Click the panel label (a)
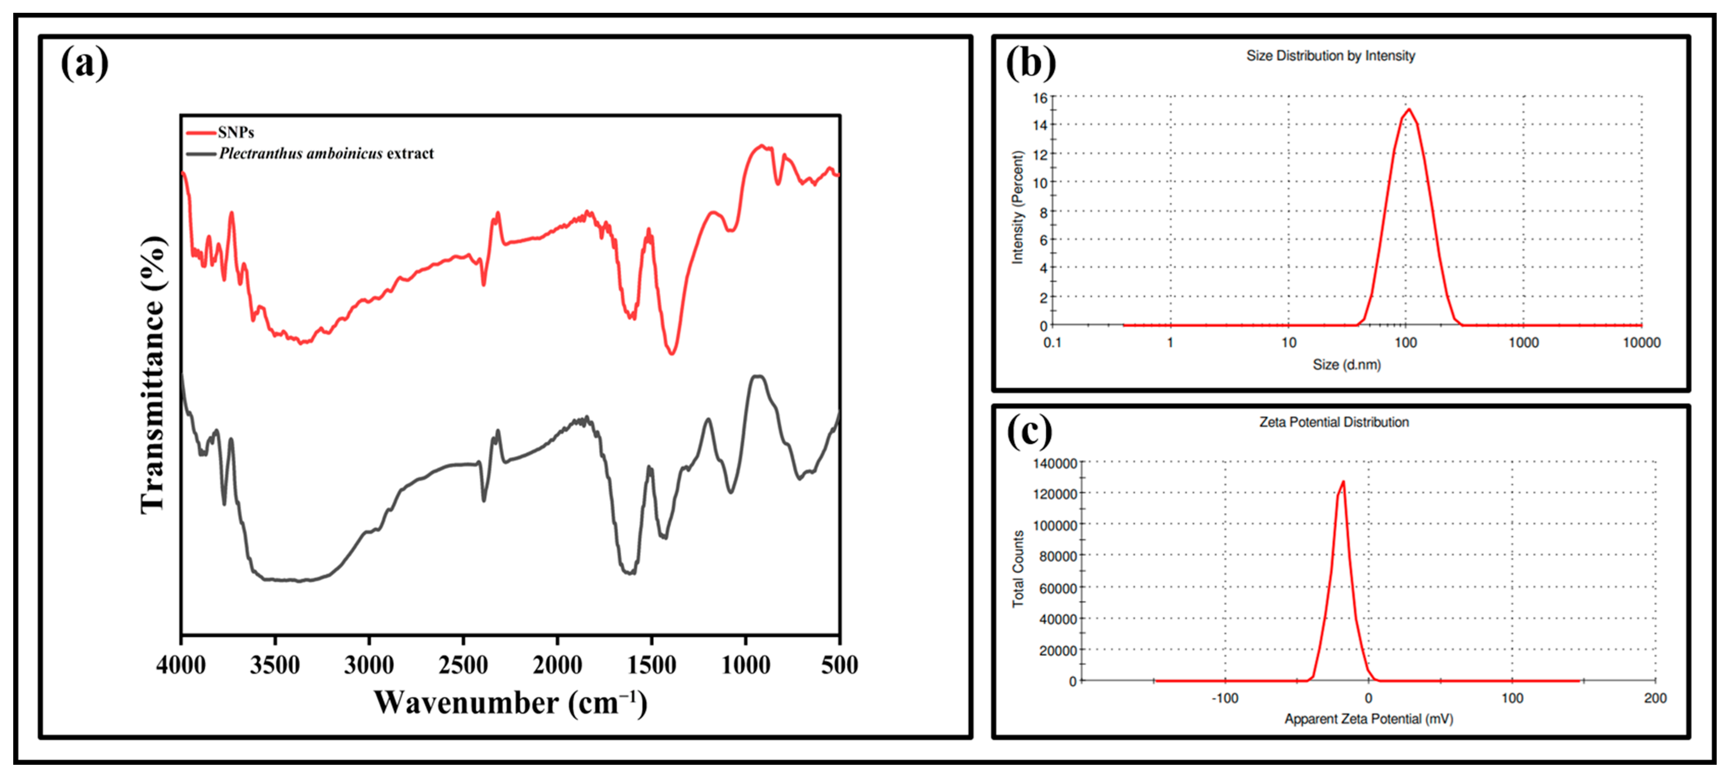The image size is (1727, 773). click(x=84, y=64)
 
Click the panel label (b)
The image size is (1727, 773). click(x=1030, y=64)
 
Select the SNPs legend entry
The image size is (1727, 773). click(x=235, y=132)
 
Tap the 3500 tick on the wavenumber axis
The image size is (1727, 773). click(x=275, y=665)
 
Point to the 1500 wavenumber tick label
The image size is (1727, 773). click(x=651, y=665)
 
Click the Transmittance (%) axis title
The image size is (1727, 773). click(x=153, y=376)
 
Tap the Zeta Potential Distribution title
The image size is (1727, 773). click(x=1334, y=422)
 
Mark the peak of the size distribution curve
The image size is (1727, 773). click(x=1409, y=109)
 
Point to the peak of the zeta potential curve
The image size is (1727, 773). click(x=1343, y=482)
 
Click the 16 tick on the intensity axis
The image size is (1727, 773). click(x=1040, y=98)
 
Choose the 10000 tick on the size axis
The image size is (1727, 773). click(x=1641, y=343)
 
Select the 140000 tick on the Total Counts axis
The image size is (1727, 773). click(x=1055, y=463)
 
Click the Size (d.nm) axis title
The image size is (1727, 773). click(x=1346, y=364)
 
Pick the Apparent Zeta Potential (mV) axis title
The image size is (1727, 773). click(x=1368, y=719)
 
